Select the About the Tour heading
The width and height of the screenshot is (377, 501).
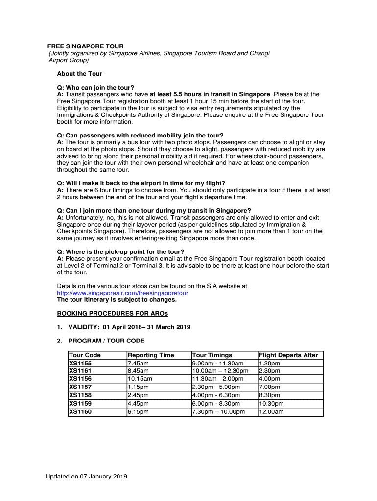pyautogui.click(x=80, y=74)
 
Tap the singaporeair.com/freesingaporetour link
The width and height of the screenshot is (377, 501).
pyautogui.click(x=122, y=293)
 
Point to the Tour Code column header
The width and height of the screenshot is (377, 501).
pyautogui.click(x=85, y=355)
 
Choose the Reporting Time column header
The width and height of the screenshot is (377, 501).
pyautogui.click(x=150, y=355)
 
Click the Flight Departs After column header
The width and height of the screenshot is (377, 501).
pyautogui.click(x=288, y=355)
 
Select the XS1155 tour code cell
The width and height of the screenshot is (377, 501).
pyautogui.click(x=80, y=364)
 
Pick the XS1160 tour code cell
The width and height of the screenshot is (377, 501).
pyautogui.click(x=80, y=412)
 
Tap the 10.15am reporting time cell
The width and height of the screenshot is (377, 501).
pyautogui.click(x=140, y=379)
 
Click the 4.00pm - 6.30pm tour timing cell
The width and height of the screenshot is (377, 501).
pyautogui.click(x=216, y=395)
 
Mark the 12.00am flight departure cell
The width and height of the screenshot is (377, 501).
pyautogui.click(x=271, y=412)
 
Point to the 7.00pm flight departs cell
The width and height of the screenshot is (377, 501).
pyautogui.click(x=269, y=387)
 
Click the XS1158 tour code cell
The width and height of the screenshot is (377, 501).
pyautogui.click(x=80, y=395)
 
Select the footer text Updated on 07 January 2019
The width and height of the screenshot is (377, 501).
pyautogui.click(x=87, y=477)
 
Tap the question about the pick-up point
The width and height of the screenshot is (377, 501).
pyautogui.click(x=120, y=252)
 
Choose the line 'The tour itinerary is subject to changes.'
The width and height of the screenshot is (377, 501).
pyautogui.click(x=117, y=299)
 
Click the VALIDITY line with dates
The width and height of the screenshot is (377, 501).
pyautogui.click(x=129, y=327)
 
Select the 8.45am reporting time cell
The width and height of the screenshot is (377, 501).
pyautogui.click(x=138, y=371)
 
